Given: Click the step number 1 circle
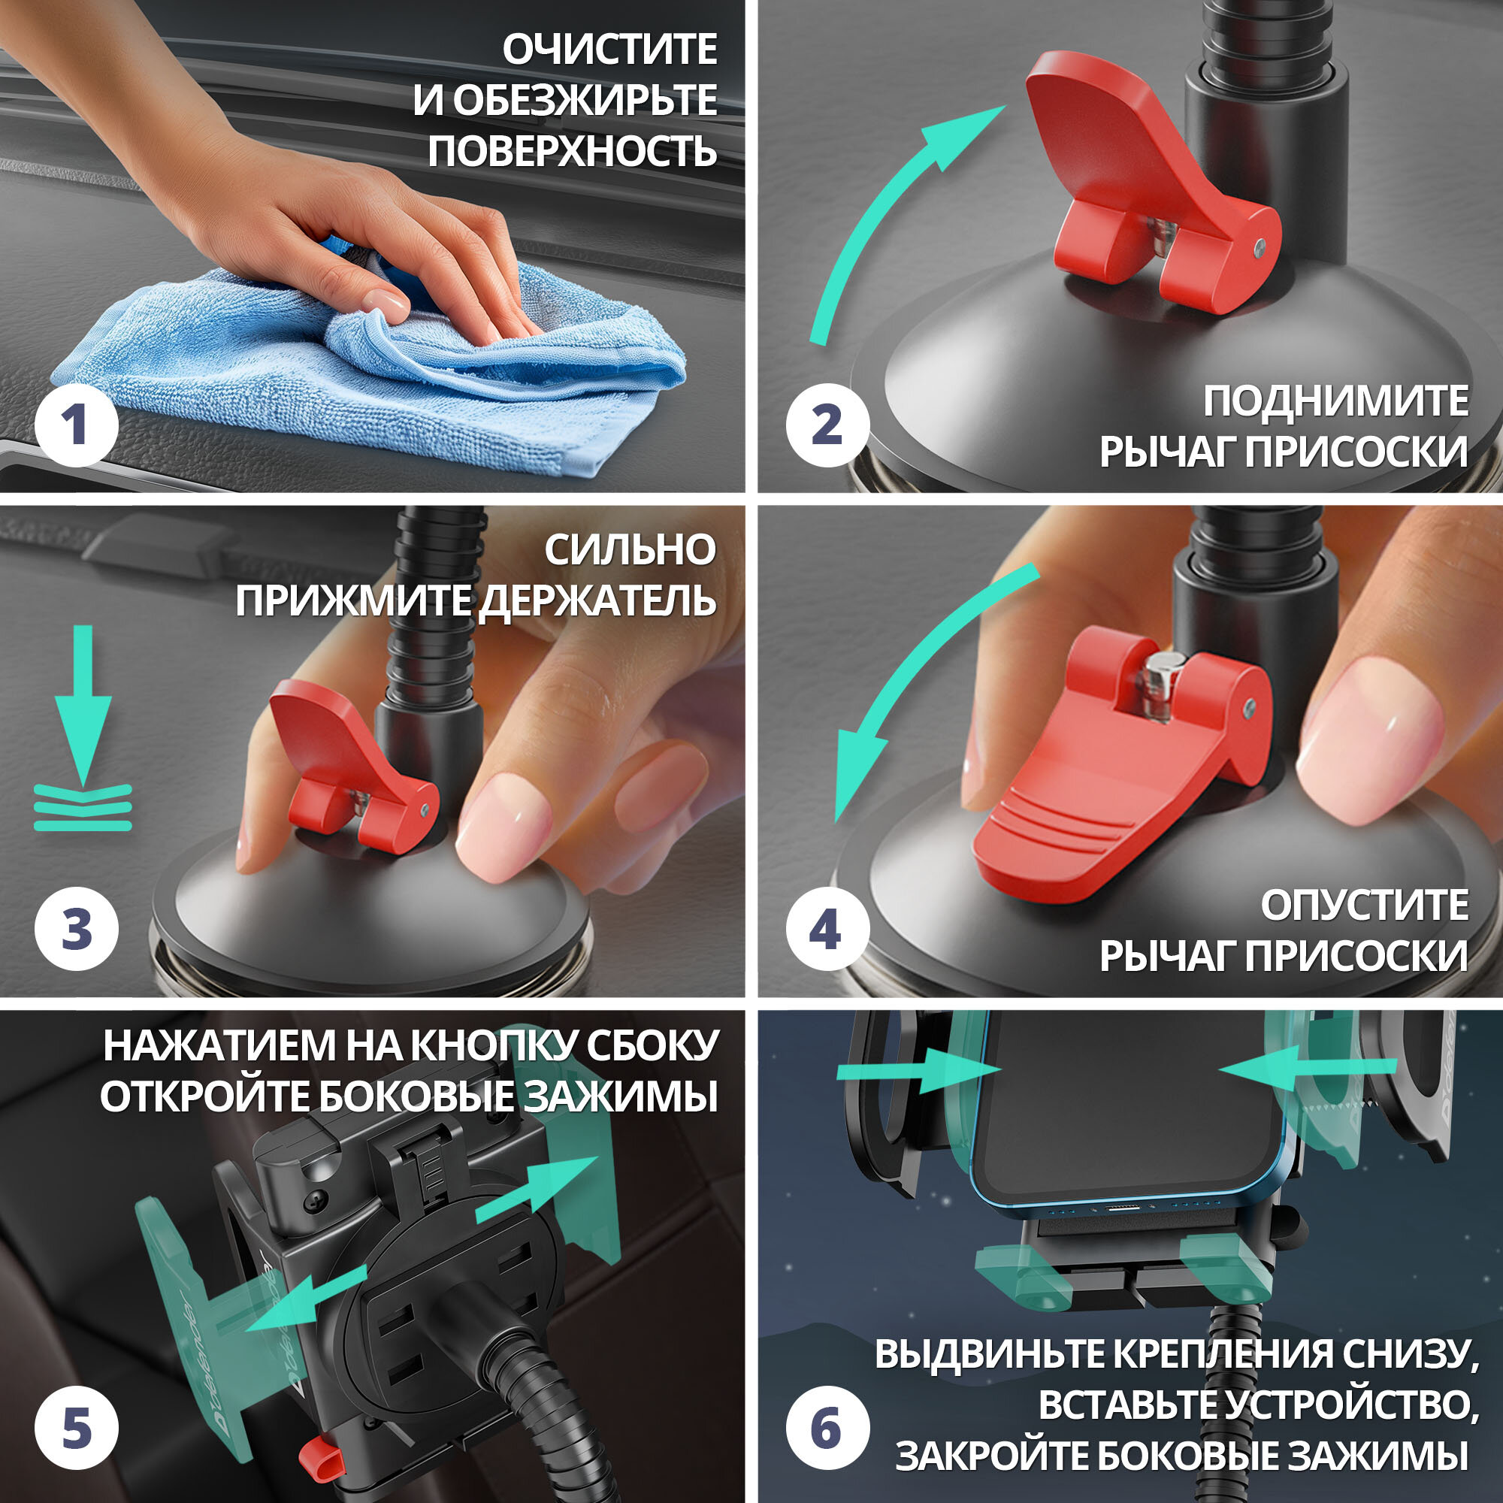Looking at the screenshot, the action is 76,425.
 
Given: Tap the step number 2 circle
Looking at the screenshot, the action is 827,425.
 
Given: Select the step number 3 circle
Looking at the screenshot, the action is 76,928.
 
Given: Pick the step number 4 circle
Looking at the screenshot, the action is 827,928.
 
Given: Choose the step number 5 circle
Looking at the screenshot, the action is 76,1429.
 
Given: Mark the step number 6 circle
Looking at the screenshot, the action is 827,1429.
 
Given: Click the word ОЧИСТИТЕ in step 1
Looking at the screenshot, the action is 610,50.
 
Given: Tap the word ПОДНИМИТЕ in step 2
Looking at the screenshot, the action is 1336,401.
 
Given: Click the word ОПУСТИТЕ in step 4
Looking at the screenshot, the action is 1365,905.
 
